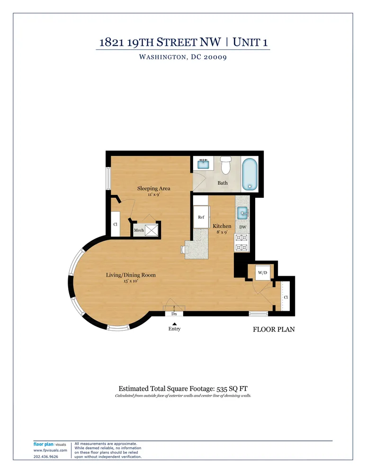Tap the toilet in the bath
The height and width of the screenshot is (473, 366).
point(225,165)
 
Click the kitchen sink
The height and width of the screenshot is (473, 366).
point(243,213)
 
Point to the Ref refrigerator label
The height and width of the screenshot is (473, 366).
point(201,217)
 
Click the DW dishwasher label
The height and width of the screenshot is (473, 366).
point(243,227)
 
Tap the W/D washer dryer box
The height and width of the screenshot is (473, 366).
point(262,272)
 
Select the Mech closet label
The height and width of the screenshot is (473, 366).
point(139,230)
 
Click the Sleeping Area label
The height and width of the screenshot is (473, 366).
point(154,188)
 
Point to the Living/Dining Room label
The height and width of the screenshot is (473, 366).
point(131,275)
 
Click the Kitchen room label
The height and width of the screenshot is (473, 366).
point(222,226)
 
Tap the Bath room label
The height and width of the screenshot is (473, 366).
point(223,183)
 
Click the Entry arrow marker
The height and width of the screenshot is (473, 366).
point(174,324)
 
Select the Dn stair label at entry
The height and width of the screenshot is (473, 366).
point(174,313)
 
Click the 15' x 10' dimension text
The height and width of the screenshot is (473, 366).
point(131,281)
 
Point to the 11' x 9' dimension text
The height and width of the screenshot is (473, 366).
point(154,194)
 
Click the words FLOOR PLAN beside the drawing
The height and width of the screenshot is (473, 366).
point(274,329)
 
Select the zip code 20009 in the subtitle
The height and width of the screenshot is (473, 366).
point(214,57)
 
